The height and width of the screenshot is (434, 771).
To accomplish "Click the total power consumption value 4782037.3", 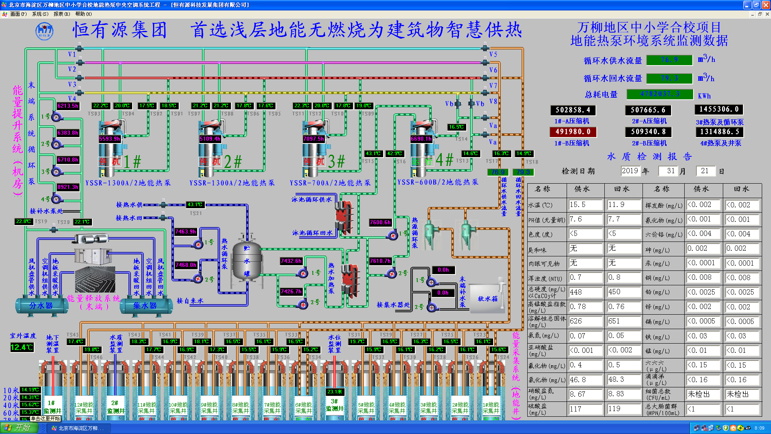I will (660, 94).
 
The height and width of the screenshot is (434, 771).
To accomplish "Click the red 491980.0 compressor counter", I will (573, 132).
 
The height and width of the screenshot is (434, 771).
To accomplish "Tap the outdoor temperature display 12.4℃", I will (22, 347).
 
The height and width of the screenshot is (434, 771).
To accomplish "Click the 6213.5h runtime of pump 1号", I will (67, 106).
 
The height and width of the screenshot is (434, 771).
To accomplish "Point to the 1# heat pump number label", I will (132, 162).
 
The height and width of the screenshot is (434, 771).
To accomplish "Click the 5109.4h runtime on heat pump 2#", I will (210, 139).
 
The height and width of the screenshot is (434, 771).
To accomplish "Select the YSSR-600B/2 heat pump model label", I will (438, 182).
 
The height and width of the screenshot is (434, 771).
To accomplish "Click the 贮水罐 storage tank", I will (247, 261).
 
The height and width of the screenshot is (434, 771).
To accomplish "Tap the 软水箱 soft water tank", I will (487, 299).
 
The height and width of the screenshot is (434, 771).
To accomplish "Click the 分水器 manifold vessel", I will (41, 306).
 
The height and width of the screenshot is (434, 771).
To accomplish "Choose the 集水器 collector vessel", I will (145, 306).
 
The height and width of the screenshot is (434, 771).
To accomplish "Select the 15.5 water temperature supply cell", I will (585, 205).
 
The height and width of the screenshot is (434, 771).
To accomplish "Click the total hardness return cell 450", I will (623, 292).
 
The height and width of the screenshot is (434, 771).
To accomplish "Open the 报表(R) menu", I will (61, 14).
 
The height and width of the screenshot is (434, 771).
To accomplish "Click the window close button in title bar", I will (766, 5).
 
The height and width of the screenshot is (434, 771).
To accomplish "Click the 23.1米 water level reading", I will (335, 391).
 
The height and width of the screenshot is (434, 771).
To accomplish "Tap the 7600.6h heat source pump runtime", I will (380, 222).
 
